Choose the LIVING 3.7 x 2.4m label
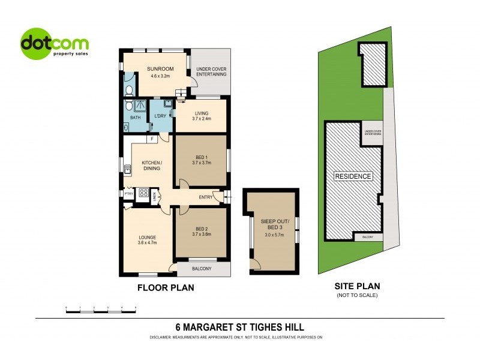(200, 116)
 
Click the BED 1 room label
(200, 159)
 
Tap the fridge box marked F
(153, 140)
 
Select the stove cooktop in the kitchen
(144, 193)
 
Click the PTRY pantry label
(128, 194)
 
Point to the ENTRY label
(206, 197)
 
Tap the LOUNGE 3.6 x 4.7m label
(147, 240)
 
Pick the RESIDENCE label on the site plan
(353, 176)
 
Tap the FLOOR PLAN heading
(166, 288)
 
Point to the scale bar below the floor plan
(101, 307)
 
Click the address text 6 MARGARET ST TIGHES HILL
(239, 327)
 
